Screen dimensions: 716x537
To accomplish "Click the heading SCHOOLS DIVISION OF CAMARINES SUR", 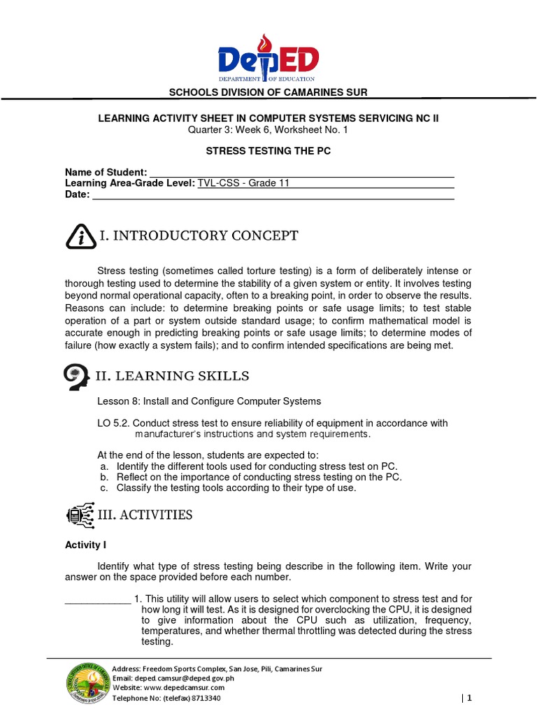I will tap(268, 93).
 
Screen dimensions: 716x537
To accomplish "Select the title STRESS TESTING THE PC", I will tap(268, 151).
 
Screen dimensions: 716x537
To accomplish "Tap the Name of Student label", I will tap(106, 172).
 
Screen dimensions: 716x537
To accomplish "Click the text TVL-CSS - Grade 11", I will tap(243, 183).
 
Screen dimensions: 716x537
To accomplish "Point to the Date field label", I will tap(78, 194).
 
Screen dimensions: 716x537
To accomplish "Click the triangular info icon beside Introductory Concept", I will tap(81, 236).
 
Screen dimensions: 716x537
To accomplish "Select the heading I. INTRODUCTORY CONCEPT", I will tap(199, 236).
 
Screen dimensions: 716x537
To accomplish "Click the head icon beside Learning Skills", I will tap(77, 377).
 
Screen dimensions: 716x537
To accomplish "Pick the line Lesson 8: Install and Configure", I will tap(209, 401).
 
